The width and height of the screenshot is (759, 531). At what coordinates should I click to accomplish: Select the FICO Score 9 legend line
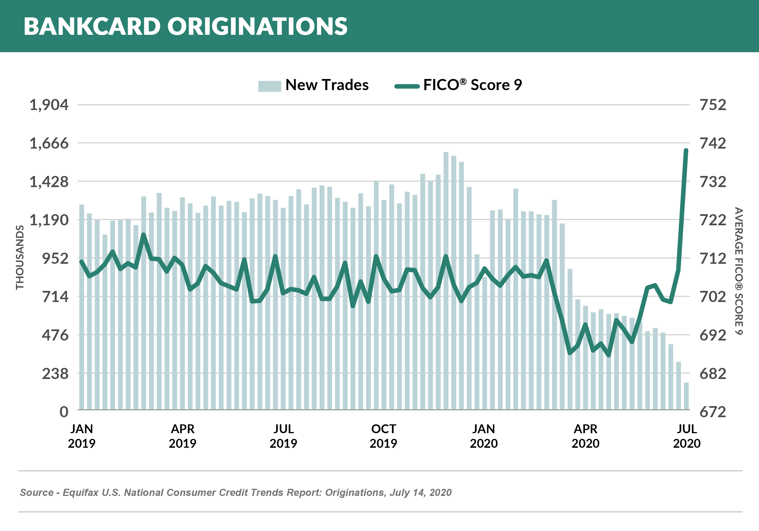click(407, 86)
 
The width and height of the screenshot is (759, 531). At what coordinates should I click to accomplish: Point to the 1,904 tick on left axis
click(49, 105)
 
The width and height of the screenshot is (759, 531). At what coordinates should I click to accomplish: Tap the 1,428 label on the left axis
click(49, 182)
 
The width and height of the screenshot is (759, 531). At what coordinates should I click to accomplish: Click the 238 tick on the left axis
click(55, 374)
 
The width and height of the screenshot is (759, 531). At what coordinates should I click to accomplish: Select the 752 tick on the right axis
click(713, 105)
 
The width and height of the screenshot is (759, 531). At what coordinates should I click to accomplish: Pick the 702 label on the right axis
click(713, 297)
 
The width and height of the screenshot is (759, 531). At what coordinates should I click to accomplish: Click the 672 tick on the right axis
click(713, 412)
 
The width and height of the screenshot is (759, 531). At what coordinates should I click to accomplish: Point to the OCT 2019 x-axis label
click(383, 436)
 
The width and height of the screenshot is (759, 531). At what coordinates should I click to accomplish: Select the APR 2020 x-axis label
click(585, 436)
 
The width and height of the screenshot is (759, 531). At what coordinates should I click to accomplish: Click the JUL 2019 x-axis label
click(283, 436)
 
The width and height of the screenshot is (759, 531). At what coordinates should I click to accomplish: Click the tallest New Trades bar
click(446, 281)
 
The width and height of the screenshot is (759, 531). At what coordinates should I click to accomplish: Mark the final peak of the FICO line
click(686, 151)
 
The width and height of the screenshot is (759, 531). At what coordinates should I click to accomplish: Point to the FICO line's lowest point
click(609, 355)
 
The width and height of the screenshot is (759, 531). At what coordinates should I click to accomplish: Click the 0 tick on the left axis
click(64, 412)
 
